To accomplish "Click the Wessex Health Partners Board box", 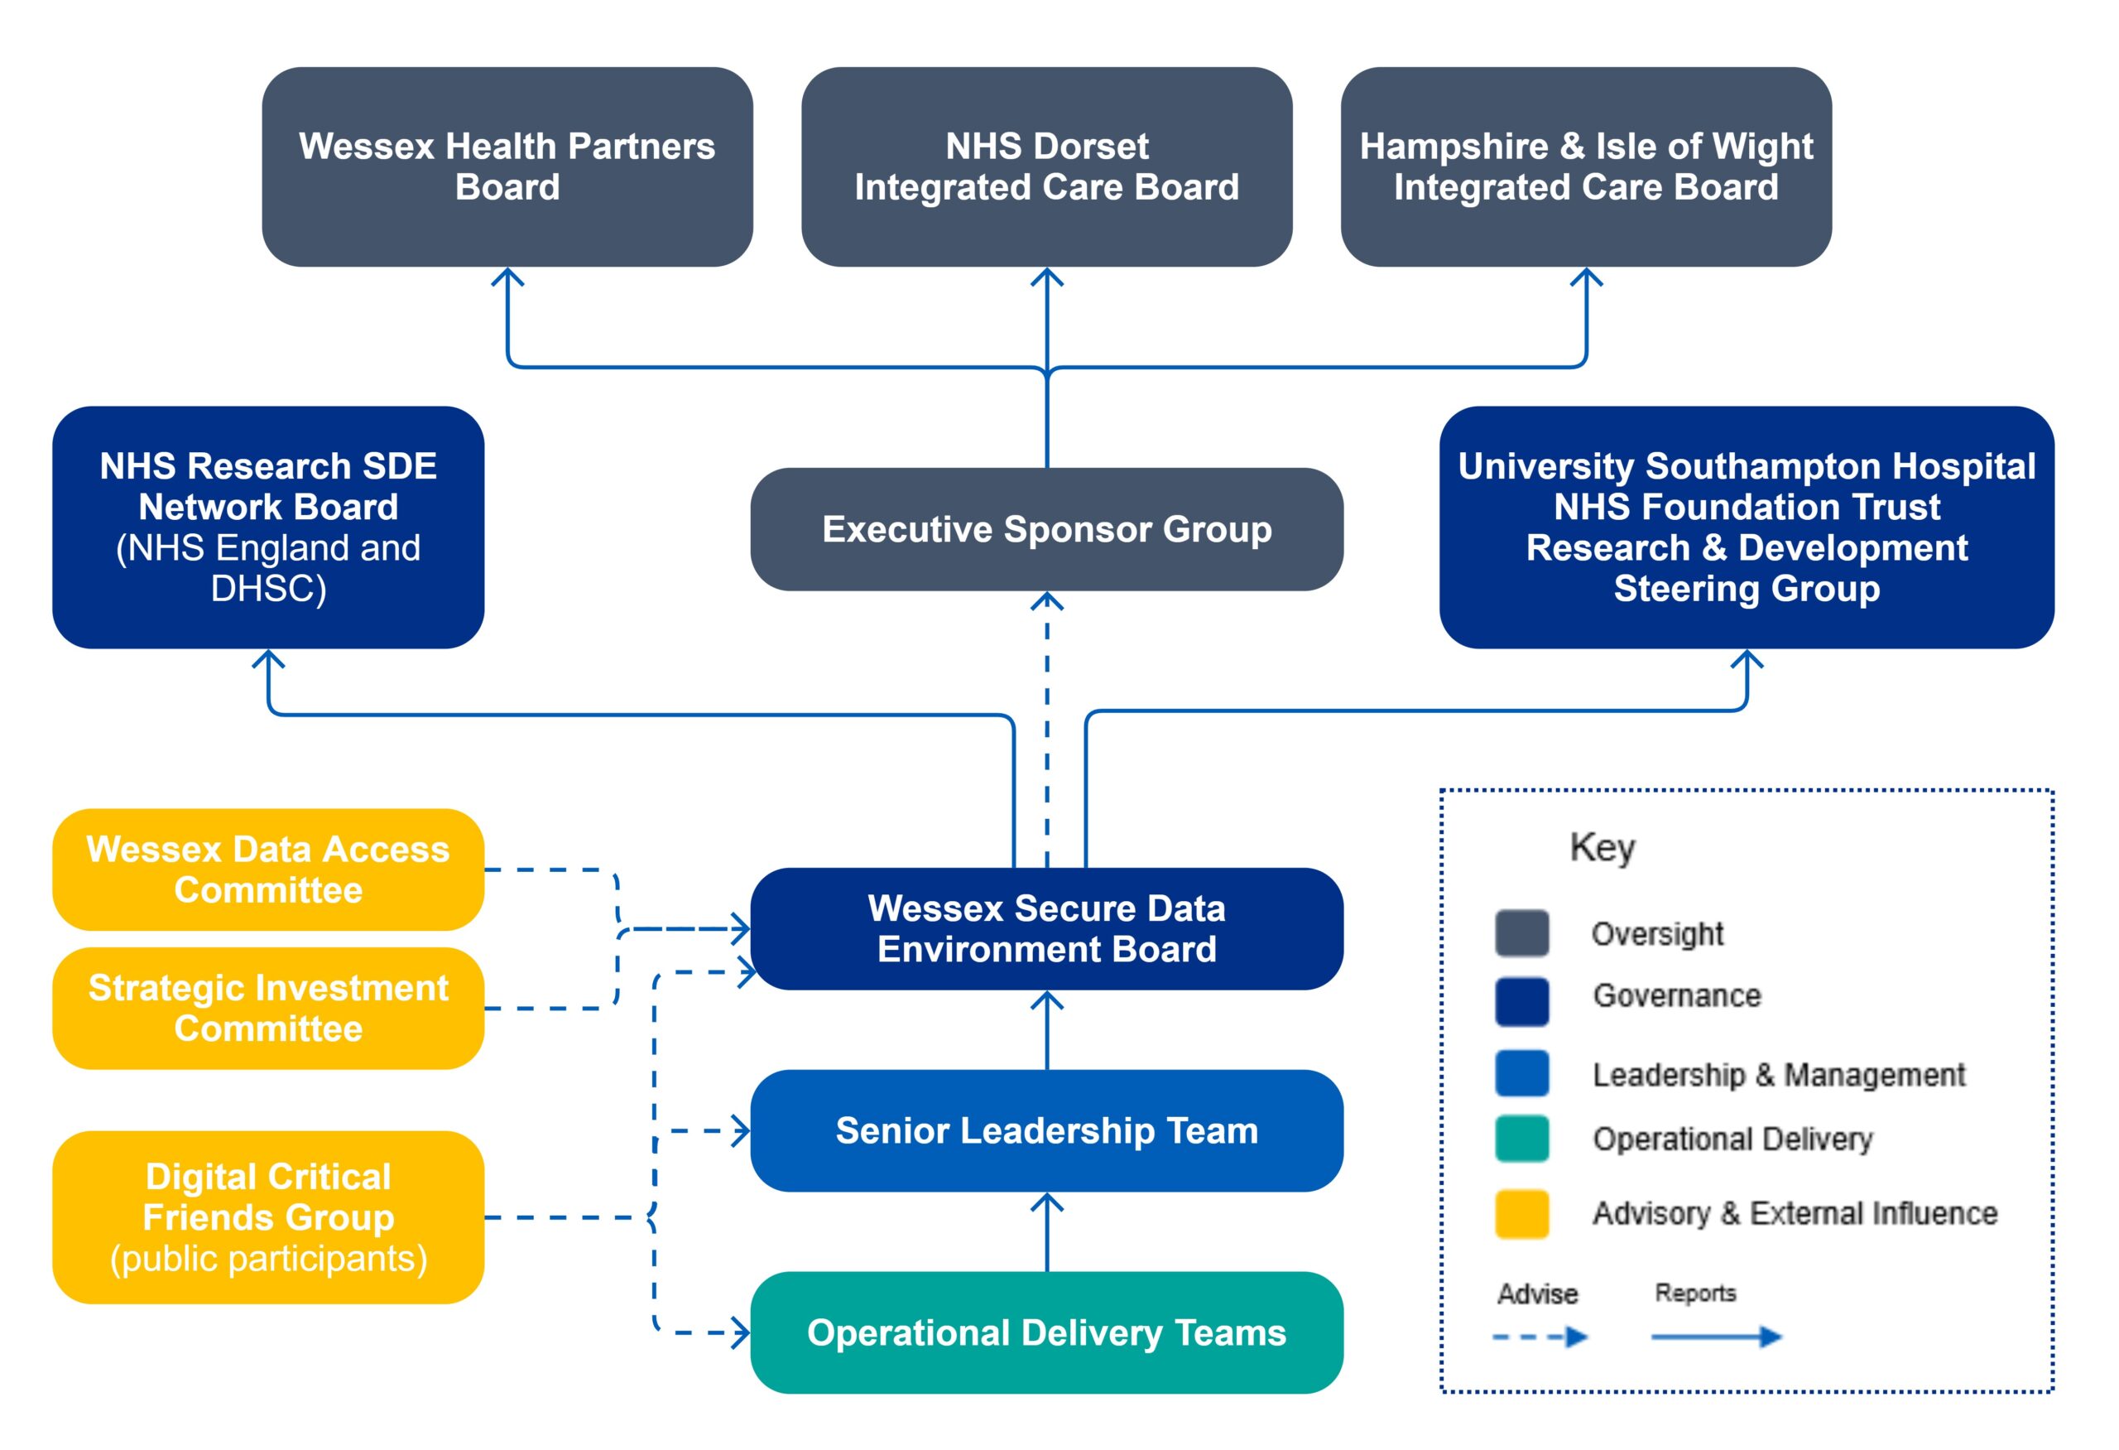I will [x=507, y=167].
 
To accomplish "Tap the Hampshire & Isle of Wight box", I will [x=1586, y=167].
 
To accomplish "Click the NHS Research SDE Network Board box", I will [x=268, y=527].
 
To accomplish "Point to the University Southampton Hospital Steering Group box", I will [x=1746, y=527].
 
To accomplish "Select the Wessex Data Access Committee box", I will [x=268, y=869].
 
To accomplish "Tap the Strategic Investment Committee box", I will [x=268, y=1008].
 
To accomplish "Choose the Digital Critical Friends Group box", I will [x=268, y=1216].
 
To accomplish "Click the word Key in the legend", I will [x=1602, y=847].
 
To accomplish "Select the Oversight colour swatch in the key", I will [x=1521, y=933].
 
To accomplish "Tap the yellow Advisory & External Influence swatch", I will [x=1521, y=1214].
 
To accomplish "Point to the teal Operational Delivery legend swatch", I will [x=1521, y=1138].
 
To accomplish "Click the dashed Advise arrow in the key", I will [x=1540, y=1337].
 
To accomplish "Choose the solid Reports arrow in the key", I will [x=1716, y=1337].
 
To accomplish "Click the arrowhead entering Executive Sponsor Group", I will [x=1047, y=601].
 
